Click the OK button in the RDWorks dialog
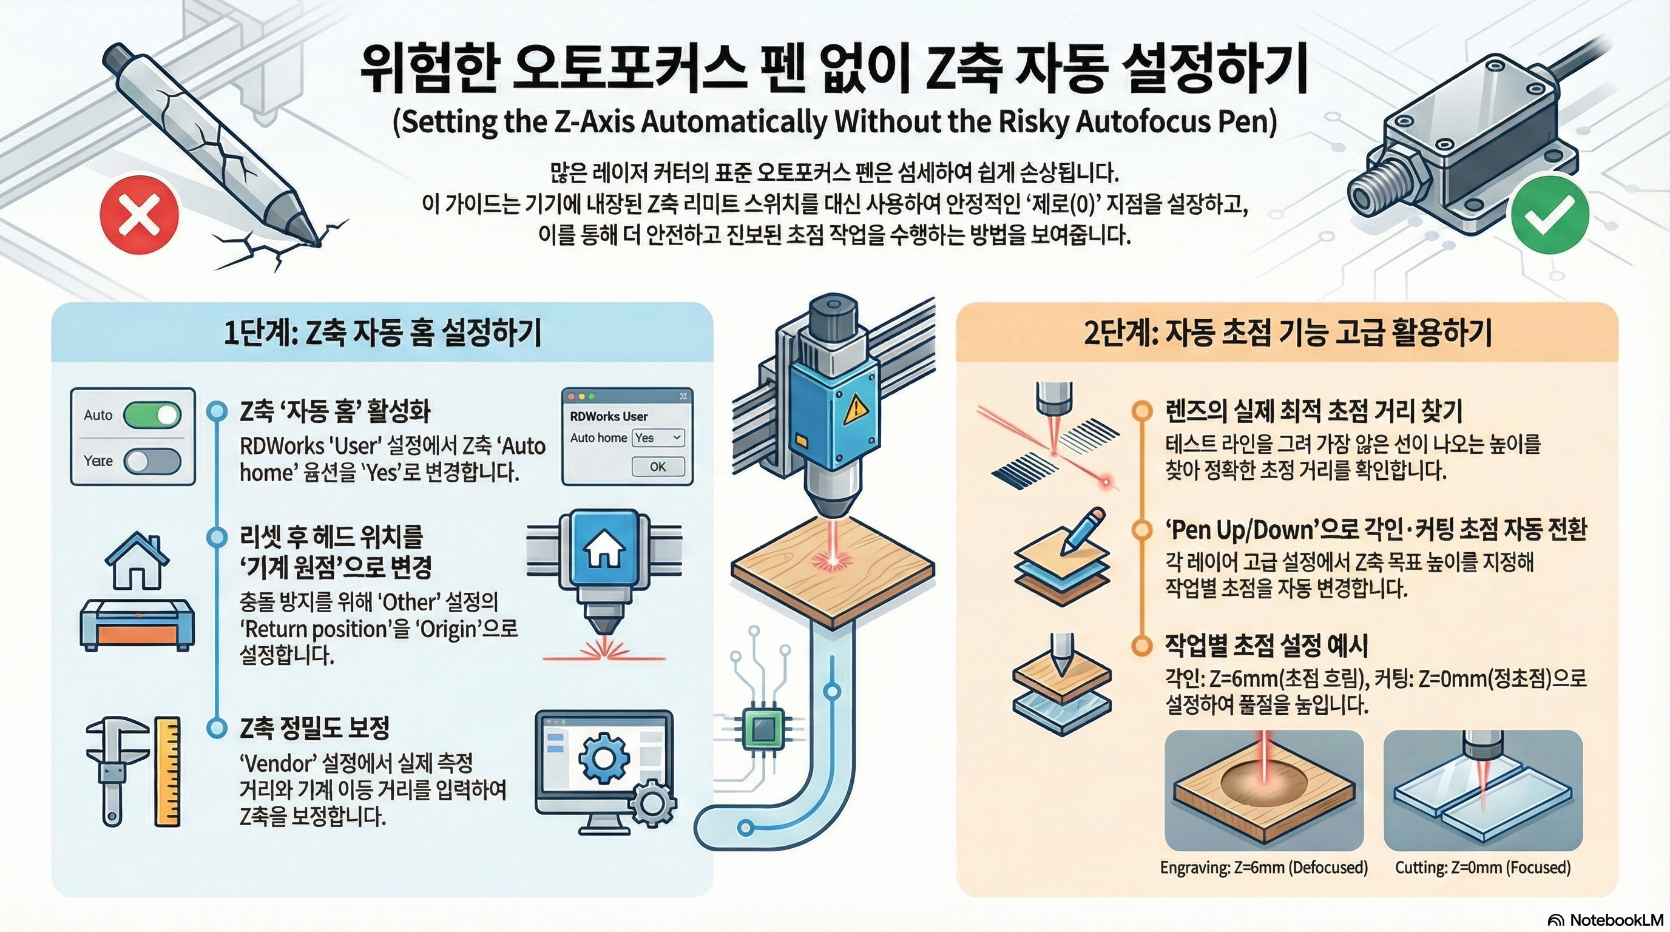[x=657, y=467]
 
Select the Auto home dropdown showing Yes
[x=657, y=437]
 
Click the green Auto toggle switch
[x=152, y=415]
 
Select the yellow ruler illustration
[x=168, y=771]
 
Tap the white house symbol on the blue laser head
[x=604, y=549]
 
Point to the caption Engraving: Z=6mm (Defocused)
[x=1263, y=868]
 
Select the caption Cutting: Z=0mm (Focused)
[x=1482, y=868]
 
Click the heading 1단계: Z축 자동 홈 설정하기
[x=382, y=333]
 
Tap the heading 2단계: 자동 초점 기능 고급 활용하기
[x=1288, y=333]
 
